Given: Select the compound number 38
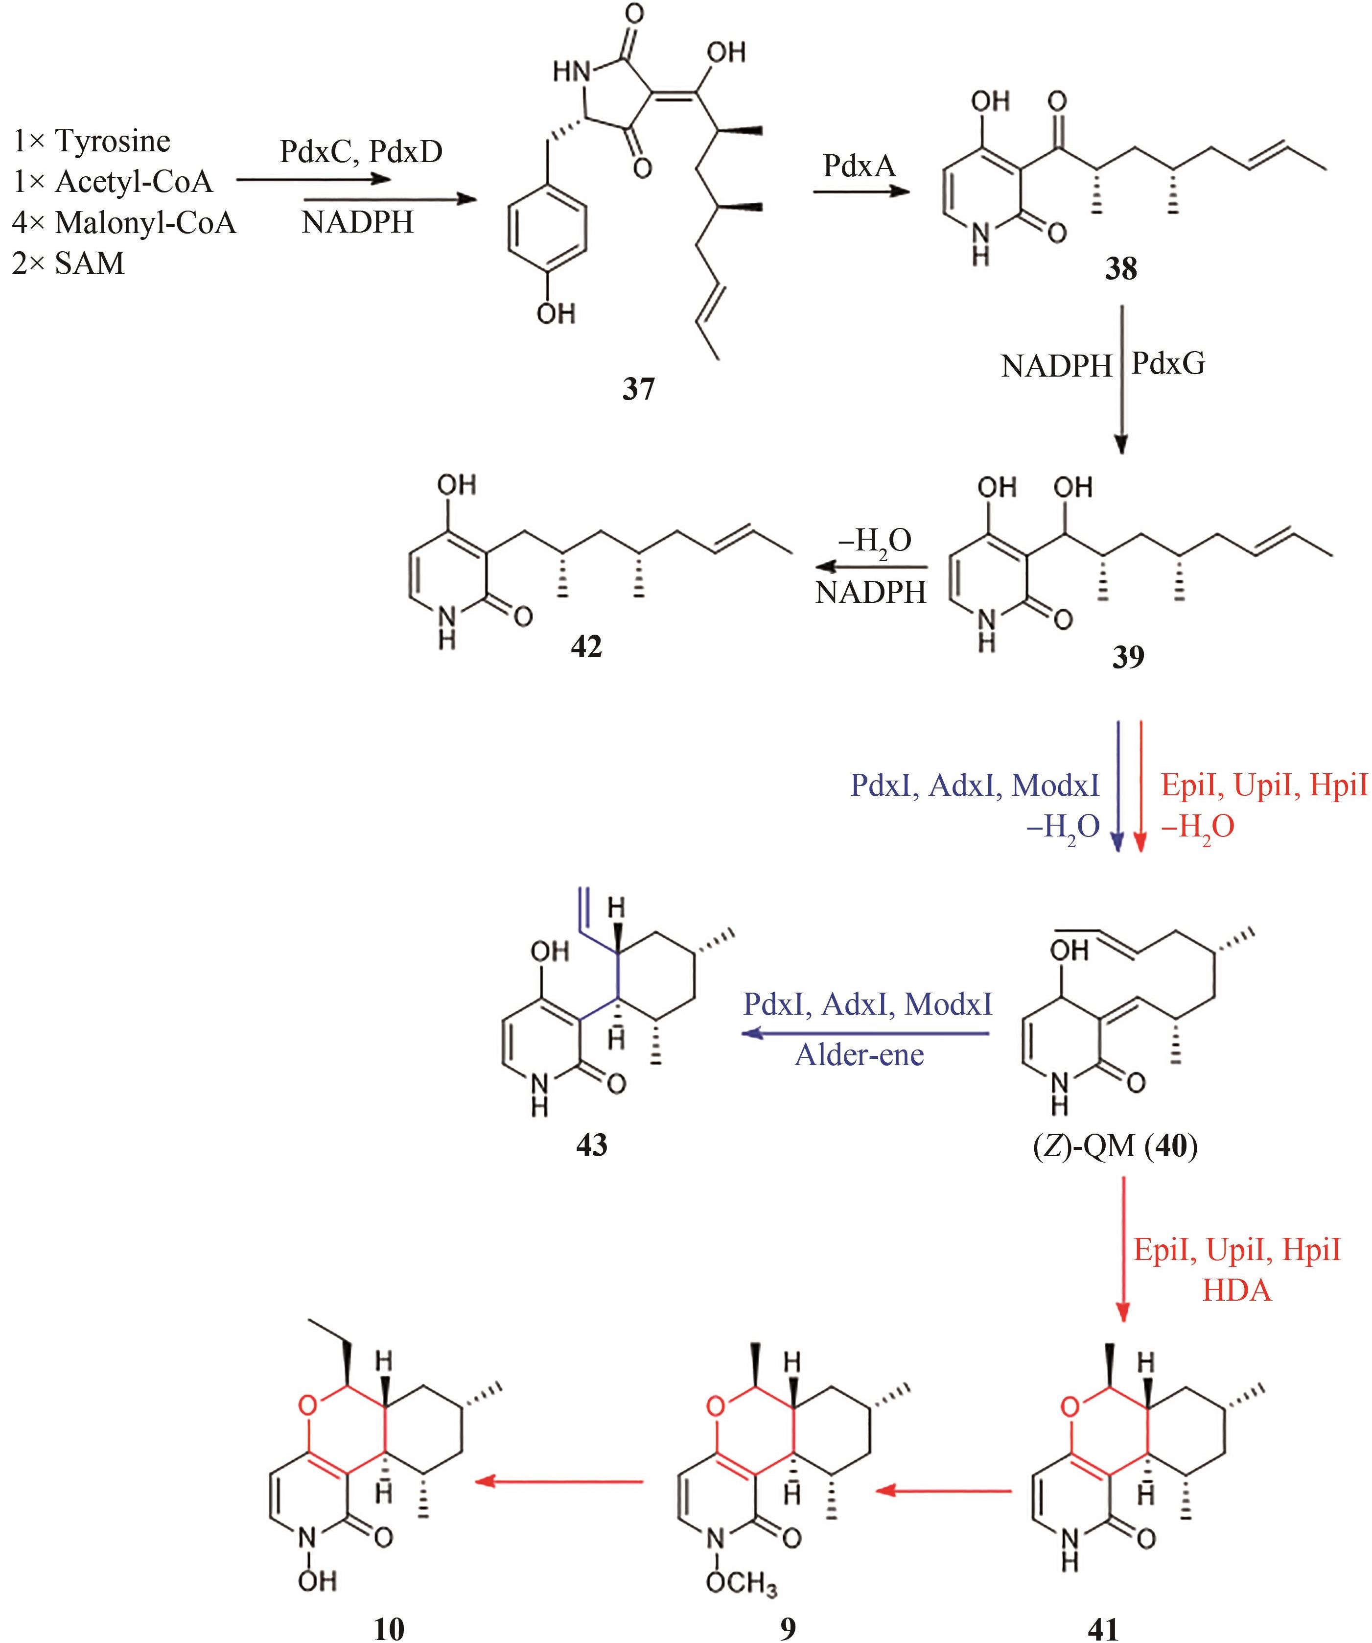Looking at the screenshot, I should point(1120,268).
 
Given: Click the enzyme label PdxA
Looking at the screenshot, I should point(859,166).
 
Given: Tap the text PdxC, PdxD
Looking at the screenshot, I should point(361,151).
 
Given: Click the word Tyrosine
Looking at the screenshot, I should point(113,142).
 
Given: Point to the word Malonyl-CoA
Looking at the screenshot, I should point(145,223).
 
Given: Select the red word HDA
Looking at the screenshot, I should point(1237,1290).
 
